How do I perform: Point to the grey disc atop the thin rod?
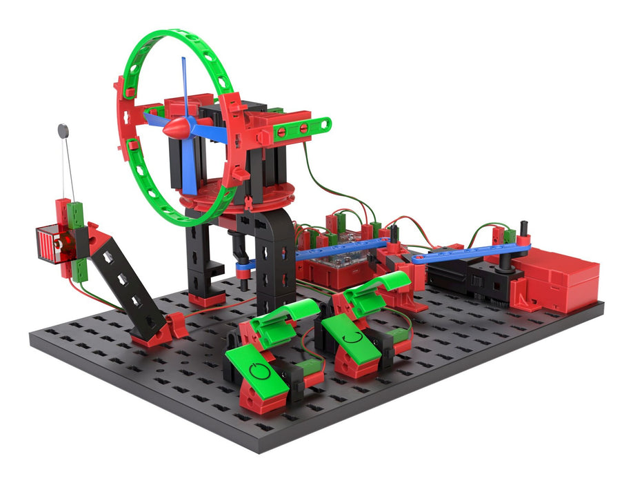[63, 129]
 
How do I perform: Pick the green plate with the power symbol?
[258, 373]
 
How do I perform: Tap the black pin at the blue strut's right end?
[523, 230]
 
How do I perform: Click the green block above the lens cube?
[76, 213]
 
